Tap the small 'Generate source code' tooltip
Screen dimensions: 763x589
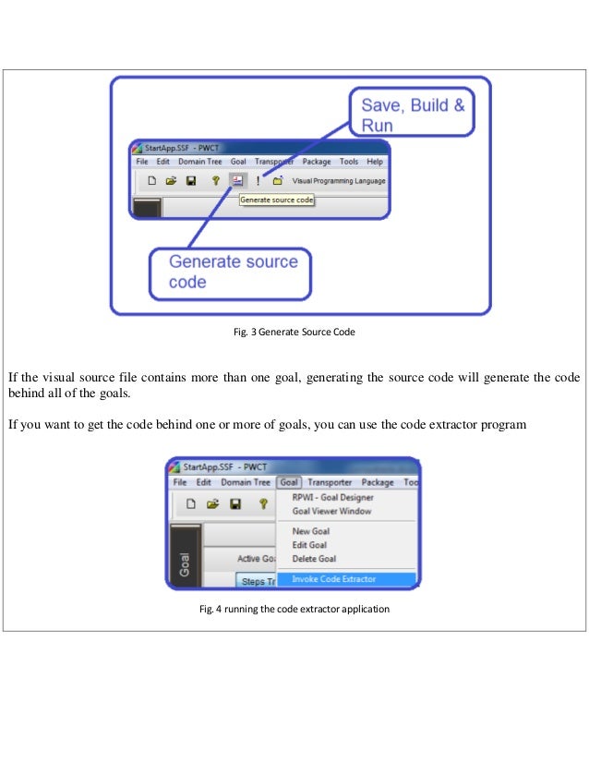tap(277, 199)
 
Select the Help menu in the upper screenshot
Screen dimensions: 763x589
tap(374, 162)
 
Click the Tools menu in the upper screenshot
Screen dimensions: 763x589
tap(348, 162)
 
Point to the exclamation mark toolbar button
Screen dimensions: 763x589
tap(258, 181)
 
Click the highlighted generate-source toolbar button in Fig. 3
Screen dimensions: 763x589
tap(237, 181)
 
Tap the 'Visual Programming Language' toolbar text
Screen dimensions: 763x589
tap(339, 181)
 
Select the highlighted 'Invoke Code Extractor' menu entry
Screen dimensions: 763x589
tap(333, 579)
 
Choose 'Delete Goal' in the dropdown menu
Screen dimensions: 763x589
tap(314, 559)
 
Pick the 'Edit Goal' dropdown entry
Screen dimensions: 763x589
tap(310, 545)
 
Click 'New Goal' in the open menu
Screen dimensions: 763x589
tap(310, 531)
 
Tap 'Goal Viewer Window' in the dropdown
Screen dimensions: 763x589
tap(331, 511)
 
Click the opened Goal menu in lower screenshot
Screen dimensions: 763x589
tap(289, 482)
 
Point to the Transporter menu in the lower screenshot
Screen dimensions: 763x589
tap(330, 482)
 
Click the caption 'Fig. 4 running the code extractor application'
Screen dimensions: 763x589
tap(294, 610)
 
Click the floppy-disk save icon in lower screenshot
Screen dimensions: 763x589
tap(234, 504)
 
